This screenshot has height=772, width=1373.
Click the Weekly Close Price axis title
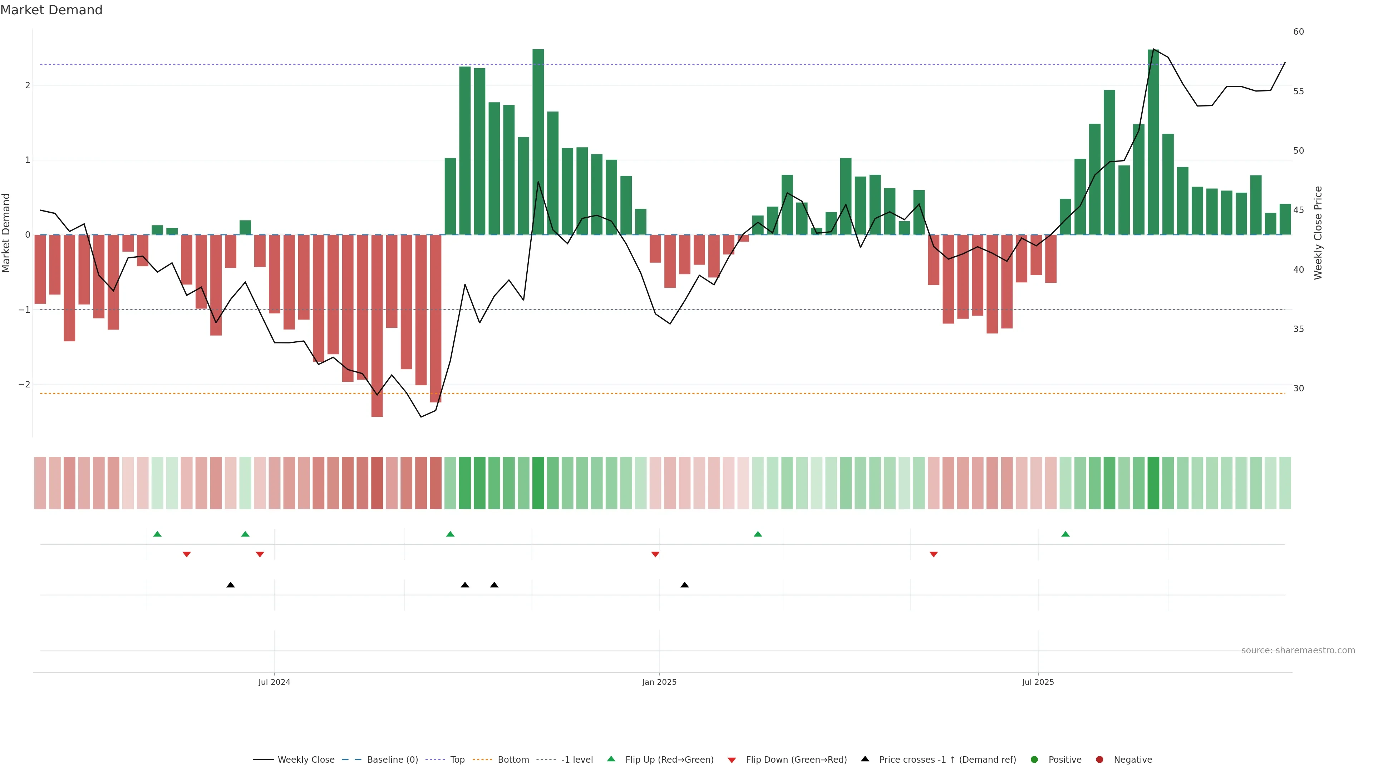1318,233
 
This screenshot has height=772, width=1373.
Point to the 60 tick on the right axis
1298,32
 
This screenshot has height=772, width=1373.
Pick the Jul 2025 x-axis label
1038,682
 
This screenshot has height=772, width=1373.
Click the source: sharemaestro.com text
1298,650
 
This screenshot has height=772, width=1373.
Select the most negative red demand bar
377,326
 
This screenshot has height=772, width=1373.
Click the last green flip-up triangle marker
1066,534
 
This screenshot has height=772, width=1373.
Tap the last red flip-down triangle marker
933,555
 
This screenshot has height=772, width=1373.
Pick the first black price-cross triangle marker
230,585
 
